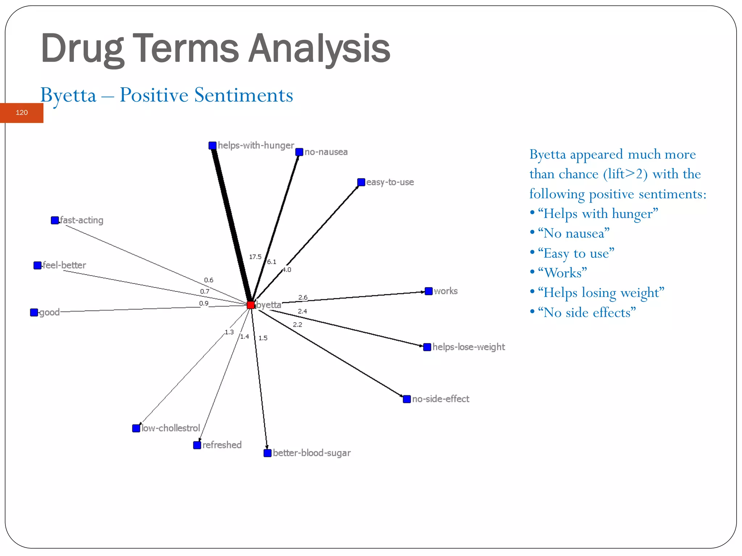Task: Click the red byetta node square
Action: (250, 305)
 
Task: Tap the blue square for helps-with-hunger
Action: (213, 146)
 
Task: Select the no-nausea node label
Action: (326, 152)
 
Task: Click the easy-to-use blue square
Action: (361, 182)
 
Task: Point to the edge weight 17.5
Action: (255, 257)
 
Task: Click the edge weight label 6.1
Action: (272, 262)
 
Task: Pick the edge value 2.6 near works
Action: (303, 297)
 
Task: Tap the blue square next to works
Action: (429, 291)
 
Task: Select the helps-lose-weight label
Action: (468, 347)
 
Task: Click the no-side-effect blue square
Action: (407, 399)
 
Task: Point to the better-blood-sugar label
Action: (312, 453)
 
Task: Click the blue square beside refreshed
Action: (197, 445)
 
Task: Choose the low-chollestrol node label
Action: (171, 428)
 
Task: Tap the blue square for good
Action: (34, 312)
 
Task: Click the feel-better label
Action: (64, 265)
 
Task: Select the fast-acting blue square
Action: (55, 220)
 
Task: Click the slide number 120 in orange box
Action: (22, 113)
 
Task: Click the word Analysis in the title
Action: (319, 48)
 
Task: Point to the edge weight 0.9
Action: (204, 303)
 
